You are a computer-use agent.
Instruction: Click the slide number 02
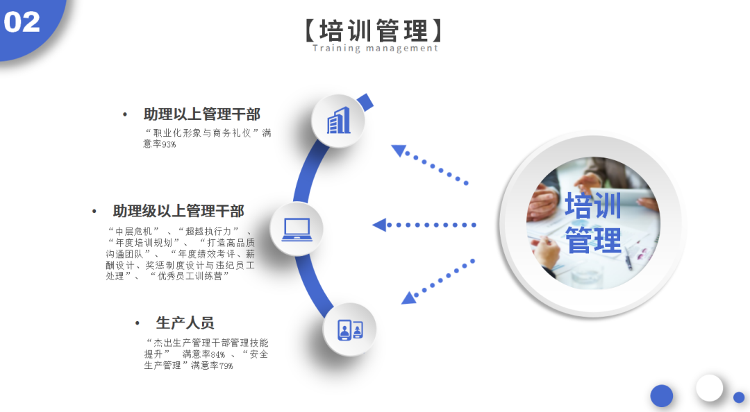tap(22, 22)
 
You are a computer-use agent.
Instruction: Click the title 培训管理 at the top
tap(374, 31)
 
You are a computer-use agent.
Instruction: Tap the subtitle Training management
tap(376, 48)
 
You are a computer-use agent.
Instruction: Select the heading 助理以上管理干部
tap(202, 114)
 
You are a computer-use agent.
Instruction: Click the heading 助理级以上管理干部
tap(178, 211)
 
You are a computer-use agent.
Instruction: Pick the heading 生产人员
tap(185, 323)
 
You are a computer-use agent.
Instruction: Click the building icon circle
tap(338, 121)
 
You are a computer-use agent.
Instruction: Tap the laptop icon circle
tap(297, 229)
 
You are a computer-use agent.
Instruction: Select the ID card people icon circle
tap(349, 329)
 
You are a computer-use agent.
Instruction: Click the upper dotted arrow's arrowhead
tap(398, 150)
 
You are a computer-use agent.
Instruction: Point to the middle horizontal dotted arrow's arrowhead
tap(379, 225)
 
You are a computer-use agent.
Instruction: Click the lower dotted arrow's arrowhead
tap(408, 298)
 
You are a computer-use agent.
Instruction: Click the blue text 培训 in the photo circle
tap(593, 205)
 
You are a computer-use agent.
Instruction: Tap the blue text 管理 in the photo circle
tap(593, 240)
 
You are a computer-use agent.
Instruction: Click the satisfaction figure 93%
tap(169, 144)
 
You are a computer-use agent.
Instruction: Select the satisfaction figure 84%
tap(218, 354)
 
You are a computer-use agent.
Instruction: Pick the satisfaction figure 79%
tap(226, 366)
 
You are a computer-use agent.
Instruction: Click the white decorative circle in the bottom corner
tap(709, 388)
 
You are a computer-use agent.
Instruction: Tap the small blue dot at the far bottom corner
tap(739, 397)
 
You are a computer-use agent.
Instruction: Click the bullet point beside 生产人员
tap(137, 324)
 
